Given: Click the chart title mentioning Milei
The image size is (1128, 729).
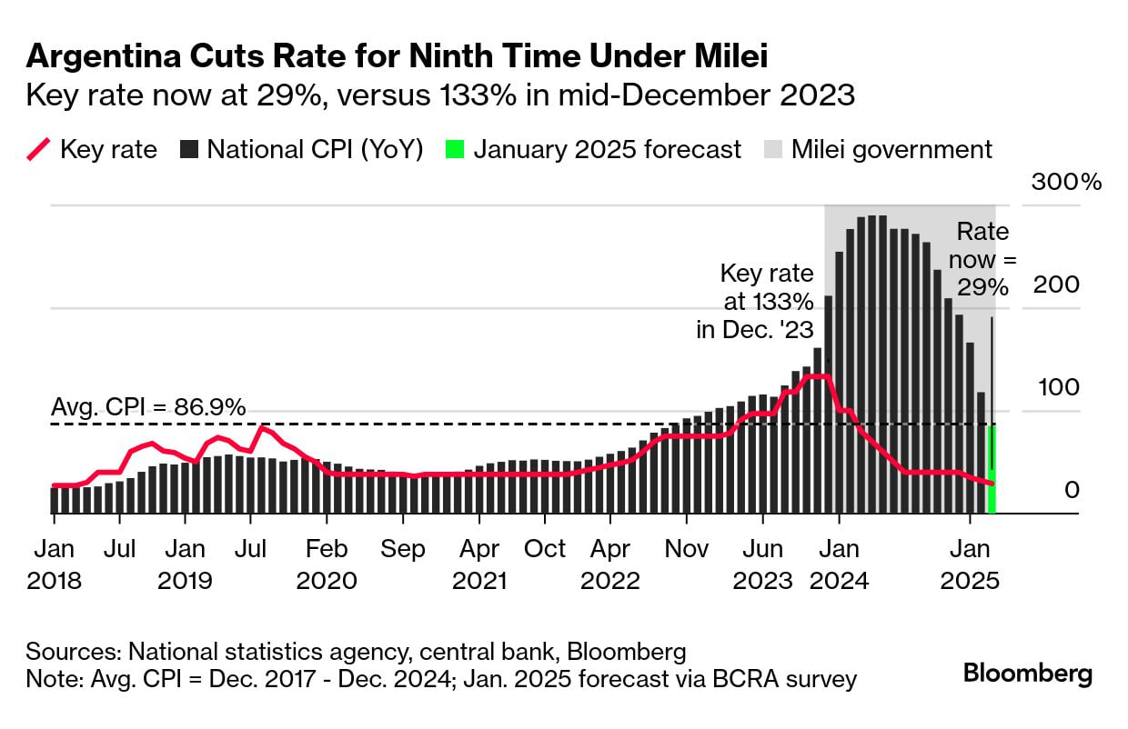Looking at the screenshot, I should point(398,57).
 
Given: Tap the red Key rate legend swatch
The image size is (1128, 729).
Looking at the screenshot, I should point(39,149).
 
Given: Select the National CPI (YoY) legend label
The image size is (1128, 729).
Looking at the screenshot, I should point(315,149).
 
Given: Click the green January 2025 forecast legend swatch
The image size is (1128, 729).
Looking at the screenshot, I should point(456,149).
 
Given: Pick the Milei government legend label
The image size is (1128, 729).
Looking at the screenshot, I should point(891,149).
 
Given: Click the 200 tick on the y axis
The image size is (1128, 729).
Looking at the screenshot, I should point(1057,285).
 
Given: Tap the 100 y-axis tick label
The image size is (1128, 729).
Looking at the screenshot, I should point(1057,387).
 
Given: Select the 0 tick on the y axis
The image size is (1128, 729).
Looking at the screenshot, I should point(1072,490).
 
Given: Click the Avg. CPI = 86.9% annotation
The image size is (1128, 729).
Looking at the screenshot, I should point(147,408).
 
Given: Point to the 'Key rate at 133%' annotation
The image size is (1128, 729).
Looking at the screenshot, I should point(755,301).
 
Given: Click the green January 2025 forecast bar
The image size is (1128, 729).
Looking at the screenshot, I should point(992,469).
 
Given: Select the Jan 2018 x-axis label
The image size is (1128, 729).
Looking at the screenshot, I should point(54,564).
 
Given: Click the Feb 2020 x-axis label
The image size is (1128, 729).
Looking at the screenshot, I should point(327,564).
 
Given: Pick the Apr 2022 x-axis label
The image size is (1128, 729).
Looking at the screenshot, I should point(611,564).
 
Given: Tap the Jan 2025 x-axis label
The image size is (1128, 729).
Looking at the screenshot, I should point(971,564).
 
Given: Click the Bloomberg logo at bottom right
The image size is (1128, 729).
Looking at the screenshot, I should point(1028,674).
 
